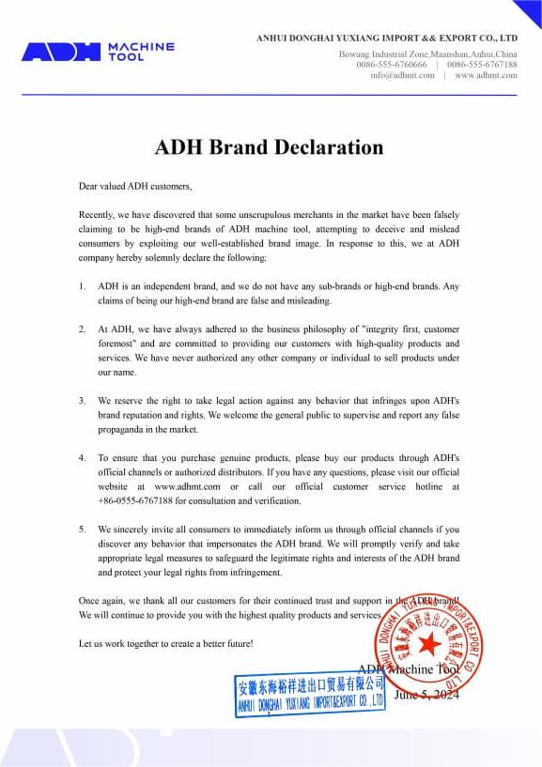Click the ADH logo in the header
pos(98,52)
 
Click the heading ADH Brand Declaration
pos(269,147)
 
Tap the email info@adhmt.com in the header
pos(402,75)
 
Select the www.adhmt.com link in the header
pos(486,75)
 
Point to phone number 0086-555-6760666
pos(391,65)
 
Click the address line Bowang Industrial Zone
pos(427,54)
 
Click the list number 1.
pos(83,285)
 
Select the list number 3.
pos(83,400)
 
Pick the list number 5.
pos(83,529)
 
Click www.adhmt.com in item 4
pos(187,487)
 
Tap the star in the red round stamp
pos(429,644)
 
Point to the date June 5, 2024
pos(428,695)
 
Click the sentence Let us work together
pos(165,644)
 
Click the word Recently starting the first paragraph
pos(97,215)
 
